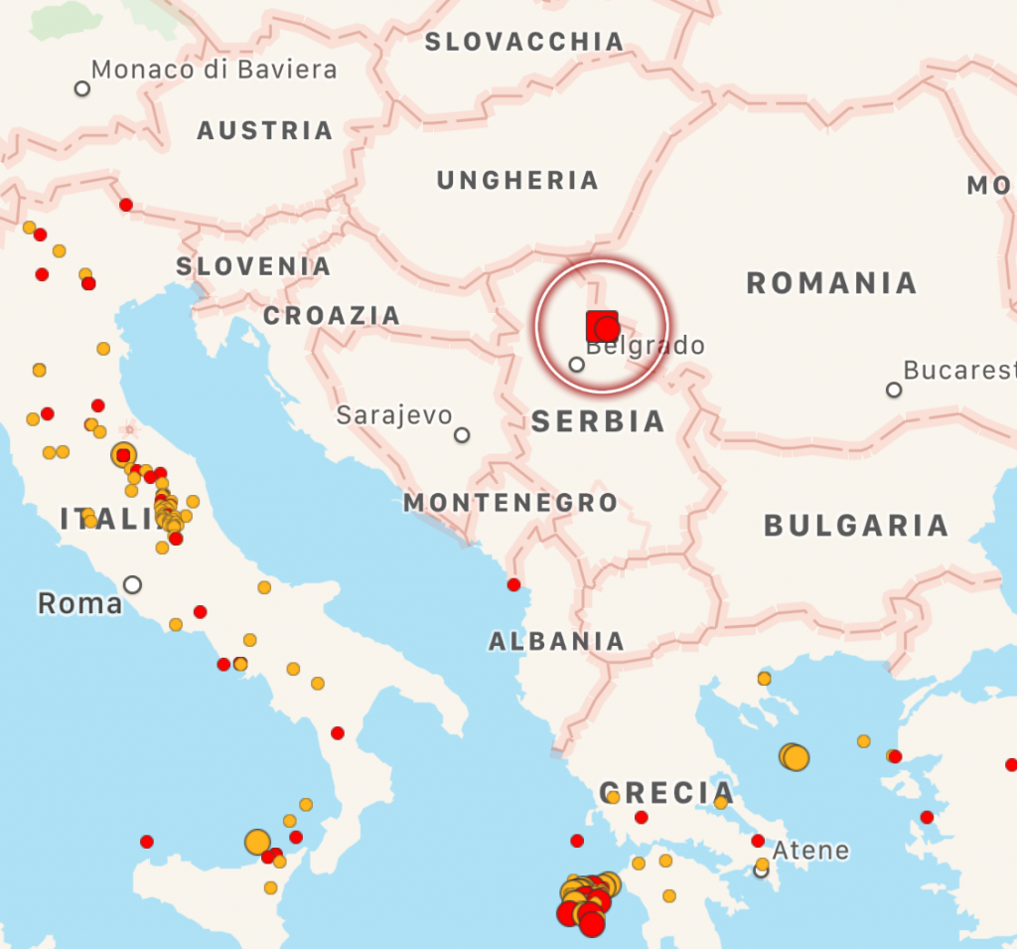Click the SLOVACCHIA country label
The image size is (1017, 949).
[x=524, y=42]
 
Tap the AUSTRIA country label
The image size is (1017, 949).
[x=264, y=131]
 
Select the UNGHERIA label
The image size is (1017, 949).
[x=517, y=181]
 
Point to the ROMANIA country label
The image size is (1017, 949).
[x=831, y=283]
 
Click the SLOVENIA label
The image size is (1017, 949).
[x=253, y=266]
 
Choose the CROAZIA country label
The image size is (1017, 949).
[x=332, y=316]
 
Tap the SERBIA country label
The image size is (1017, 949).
[x=598, y=421]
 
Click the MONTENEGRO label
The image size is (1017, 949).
[x=510, y=503]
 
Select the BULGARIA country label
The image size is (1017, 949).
[x=855, y=526]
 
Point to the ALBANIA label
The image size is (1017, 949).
[x=556, y=642]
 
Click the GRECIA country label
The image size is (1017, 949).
[x=666, y=793]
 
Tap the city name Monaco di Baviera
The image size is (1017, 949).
[x=214, y=70]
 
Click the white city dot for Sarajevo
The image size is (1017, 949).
[x=462, y=435]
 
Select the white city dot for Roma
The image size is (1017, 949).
[x=132, y=584]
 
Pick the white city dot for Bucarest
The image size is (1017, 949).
[x=894, y=390]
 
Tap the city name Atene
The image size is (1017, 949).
[x=810, y=851]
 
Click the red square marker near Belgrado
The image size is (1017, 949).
[x=600, y=325]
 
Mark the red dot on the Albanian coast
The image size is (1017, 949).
[x=513, y=584]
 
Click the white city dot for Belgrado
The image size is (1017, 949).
[x=576, y=365]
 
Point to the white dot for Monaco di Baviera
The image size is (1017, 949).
[x=82, y=88]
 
